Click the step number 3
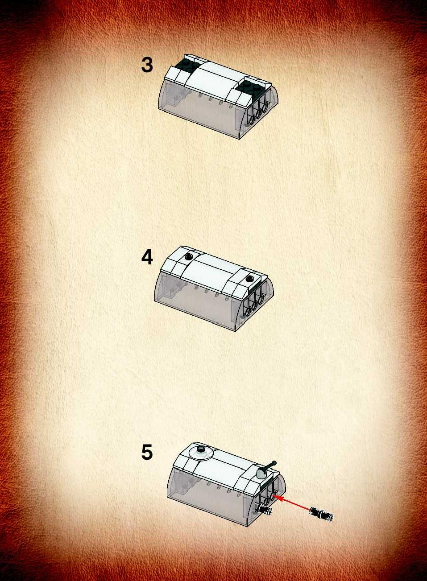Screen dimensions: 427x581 coord(147,65)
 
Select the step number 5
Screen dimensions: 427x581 coord(147,452)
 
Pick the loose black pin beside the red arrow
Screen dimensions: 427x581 coord(321,513)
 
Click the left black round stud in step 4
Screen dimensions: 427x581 coord(189,256)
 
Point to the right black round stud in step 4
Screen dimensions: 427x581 coord(250,278)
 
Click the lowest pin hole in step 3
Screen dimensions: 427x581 coord(252,119)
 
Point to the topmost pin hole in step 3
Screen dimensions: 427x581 coord(265,108)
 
